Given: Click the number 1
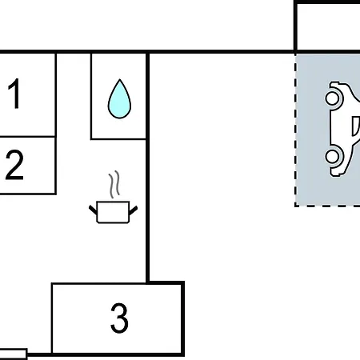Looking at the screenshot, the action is tap(14, 94).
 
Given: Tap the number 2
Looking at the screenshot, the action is tap(14, 165).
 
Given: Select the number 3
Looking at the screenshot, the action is tap(119, 318).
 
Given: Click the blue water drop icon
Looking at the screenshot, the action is tap(119, 98).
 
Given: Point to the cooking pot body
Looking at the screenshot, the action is tap(113, 212).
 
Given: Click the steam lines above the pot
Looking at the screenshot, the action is tap(114, 185).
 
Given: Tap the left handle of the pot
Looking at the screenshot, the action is tap(93, 210).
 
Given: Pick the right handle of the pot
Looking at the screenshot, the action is tap(134, 210).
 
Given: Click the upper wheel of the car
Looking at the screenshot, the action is tap(332, 98).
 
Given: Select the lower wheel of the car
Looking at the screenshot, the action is tap(332, 156).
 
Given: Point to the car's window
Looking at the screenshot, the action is tap(356, 126).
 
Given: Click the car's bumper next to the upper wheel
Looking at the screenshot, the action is tap(334, 86).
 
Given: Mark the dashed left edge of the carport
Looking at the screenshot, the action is tap(295, 130).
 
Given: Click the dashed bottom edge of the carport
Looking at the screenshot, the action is tap(327, 206).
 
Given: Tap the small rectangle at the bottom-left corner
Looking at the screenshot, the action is tap(14, 354).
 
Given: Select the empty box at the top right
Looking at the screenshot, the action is tap(327, 26).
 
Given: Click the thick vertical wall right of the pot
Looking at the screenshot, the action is tap(147, 167).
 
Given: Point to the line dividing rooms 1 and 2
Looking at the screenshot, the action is tap(27, 137).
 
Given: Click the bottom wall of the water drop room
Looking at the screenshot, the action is tap(118, 139).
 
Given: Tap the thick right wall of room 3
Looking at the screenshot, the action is tap(183, 318).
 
